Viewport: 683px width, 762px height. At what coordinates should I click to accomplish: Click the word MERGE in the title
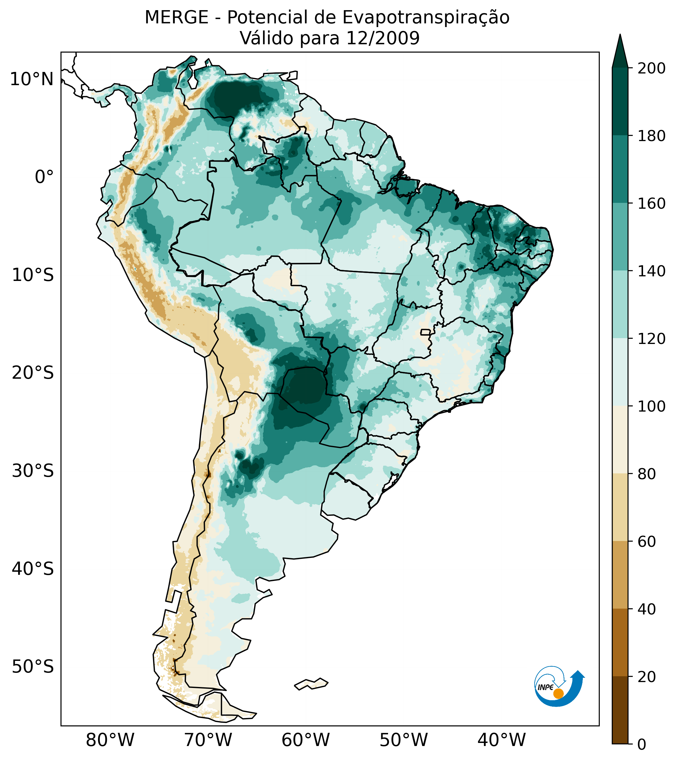click(x=176, y=18)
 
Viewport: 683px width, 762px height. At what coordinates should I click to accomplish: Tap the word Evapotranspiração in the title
click(x=426, y=18)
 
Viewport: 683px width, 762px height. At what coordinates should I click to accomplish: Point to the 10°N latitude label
click(x=32, y=79)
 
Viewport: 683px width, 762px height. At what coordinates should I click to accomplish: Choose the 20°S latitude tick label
click(x=33, y=373)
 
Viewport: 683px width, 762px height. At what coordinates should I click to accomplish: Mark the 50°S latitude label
click(x=33, y=667)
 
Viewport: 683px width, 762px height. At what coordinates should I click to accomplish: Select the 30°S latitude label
click(x=33, y=471)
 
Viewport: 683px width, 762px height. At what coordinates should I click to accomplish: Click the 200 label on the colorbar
click(x=651, y=69)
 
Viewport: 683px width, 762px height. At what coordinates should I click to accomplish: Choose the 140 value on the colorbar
click(x=651, y=271)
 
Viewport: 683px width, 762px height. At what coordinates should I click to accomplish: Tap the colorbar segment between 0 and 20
click(x=620, y=710)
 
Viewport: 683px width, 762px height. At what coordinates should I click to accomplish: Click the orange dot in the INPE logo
click(x=558, y=694)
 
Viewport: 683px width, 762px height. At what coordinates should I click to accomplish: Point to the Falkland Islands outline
click(x=311, y=684)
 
